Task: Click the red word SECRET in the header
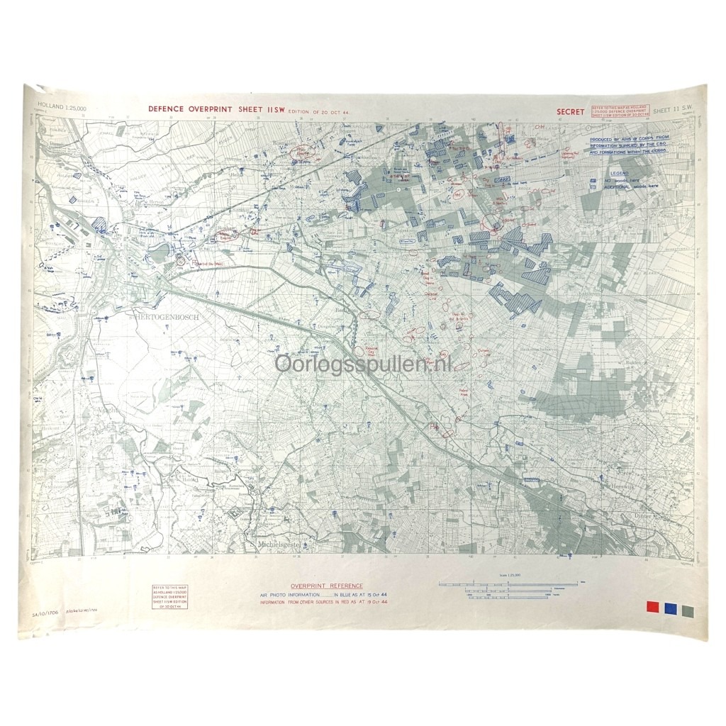570,111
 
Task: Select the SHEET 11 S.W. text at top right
675,111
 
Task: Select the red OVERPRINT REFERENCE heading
311,586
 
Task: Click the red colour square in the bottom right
652,608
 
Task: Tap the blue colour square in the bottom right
669,608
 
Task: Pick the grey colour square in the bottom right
686,608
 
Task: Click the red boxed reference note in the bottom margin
170,598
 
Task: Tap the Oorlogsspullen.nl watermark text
362,365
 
